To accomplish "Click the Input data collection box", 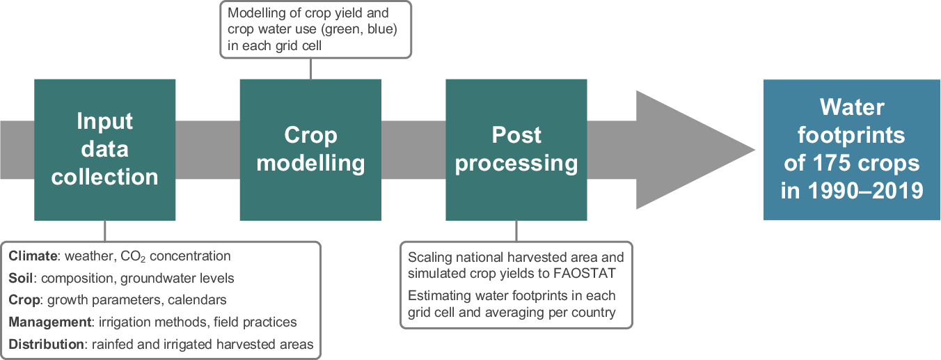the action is pos(104,150).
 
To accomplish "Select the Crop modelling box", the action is pos(310,150).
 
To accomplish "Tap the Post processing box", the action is pos(516,150).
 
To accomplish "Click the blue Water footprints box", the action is pos(851,150).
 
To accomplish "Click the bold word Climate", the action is pos(33,256).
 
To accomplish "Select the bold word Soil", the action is pos(21,278).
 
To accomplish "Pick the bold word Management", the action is pos(50,322).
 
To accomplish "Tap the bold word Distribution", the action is pos(46,344).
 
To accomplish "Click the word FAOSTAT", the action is pos(585,274).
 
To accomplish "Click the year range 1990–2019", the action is pos(866,191).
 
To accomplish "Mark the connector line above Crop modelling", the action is pos(310,68).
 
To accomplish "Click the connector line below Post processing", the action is pos(516,231).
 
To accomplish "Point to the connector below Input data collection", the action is pos(104,231).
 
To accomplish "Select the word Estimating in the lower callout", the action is pos(439,296).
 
